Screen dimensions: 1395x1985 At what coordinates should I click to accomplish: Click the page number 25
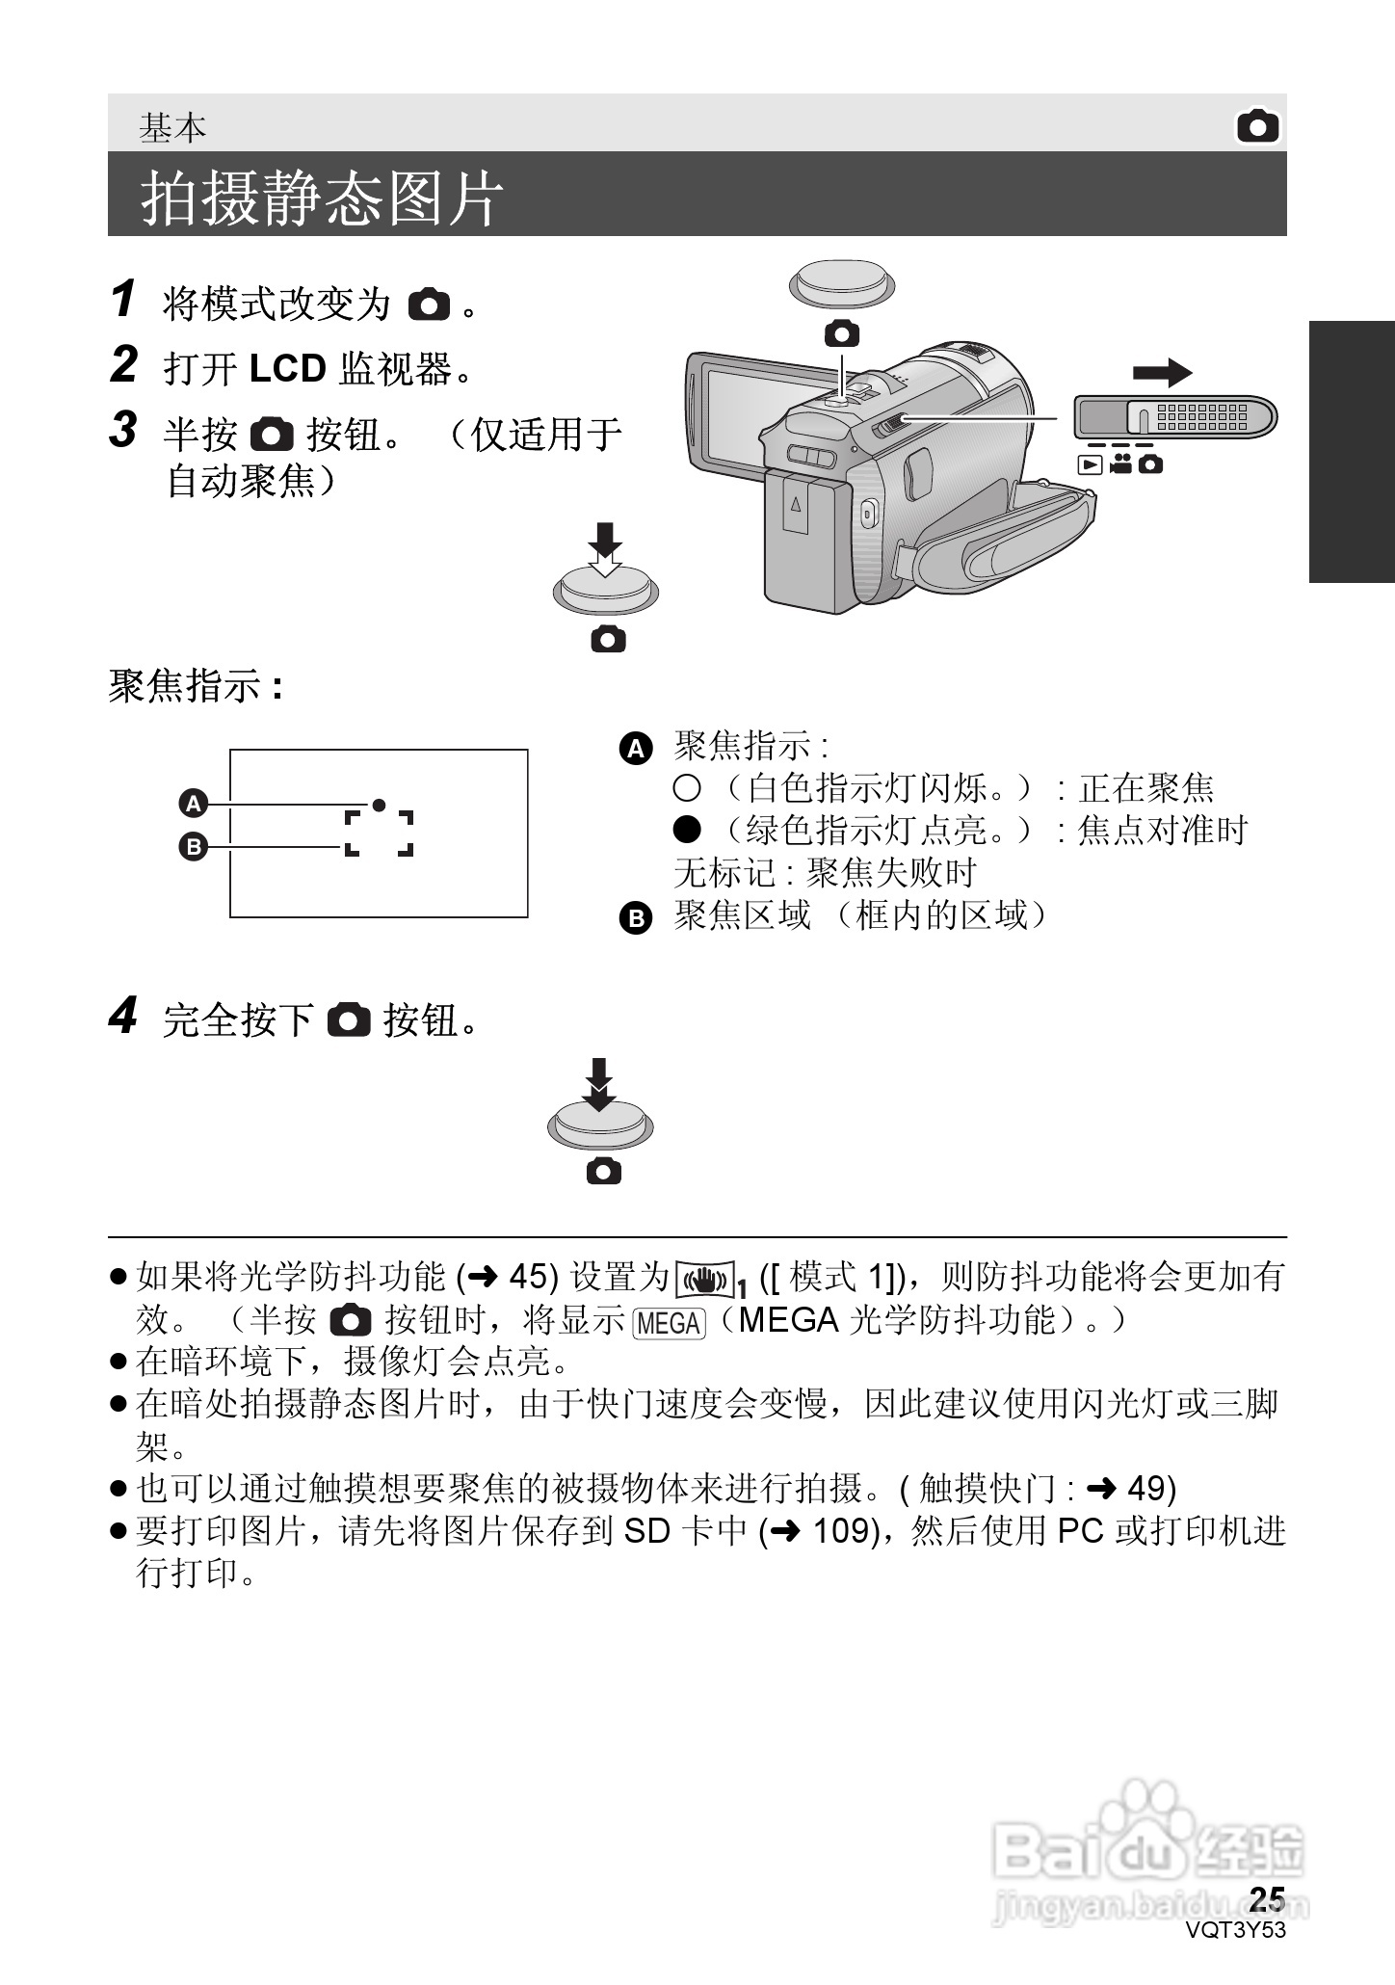point(1267,1897)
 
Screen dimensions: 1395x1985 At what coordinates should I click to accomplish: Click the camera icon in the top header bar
point(1257,126)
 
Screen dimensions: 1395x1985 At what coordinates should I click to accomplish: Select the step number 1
point(122,299)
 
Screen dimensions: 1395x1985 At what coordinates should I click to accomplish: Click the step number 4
point(122,1016)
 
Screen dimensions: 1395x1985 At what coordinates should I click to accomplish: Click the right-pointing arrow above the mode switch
point(1162,373)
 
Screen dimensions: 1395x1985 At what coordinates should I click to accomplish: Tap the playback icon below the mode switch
point(1090,464)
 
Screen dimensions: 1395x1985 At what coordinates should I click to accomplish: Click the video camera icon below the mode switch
point(1119,464)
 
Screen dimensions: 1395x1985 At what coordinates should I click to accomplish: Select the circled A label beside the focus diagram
point(194,803)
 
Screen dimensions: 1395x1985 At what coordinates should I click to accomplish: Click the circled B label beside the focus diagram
point(194,847)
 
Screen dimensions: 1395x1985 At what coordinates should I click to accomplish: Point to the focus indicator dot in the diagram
point(380,804)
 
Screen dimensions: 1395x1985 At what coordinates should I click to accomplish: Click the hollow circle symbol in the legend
point(686,789)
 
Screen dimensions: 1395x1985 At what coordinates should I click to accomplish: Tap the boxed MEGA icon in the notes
point(670,1323)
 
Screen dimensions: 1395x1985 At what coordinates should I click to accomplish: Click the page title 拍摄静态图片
point(323,198)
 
